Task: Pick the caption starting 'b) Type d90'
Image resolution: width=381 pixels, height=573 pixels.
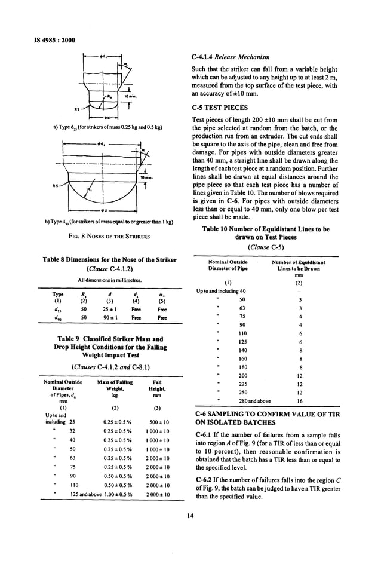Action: [109, 222]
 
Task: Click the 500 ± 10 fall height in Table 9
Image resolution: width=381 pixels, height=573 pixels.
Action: [158, 421]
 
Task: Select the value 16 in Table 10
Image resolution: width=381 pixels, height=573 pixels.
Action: [300, 402]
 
